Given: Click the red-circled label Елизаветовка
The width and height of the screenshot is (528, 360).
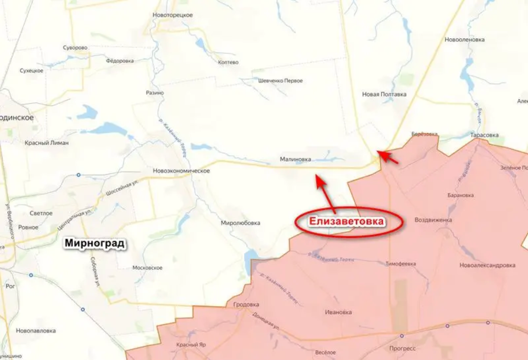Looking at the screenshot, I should tap(346, 222).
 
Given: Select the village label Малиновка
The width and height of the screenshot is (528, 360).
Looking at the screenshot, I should tap(295, 159).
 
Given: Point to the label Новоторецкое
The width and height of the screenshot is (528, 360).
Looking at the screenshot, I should tap(172, 15).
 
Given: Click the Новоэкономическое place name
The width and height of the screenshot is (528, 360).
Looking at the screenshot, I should tap(181, 171).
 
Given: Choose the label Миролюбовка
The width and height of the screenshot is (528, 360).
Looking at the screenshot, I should tap(240, 223).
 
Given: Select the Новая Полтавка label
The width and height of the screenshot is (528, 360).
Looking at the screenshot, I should tap(384, 94).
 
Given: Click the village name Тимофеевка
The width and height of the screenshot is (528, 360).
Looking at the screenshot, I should tap(400, 264).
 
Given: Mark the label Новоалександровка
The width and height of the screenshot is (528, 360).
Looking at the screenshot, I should tap(487, 265).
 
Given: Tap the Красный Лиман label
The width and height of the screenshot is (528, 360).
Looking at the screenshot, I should tap(47, 143).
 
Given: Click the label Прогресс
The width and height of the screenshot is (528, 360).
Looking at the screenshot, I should tap(402, 348).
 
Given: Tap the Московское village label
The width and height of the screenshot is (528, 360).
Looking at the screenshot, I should tap(147, 268).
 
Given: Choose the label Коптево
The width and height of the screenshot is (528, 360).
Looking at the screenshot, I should tap(228, 62).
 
